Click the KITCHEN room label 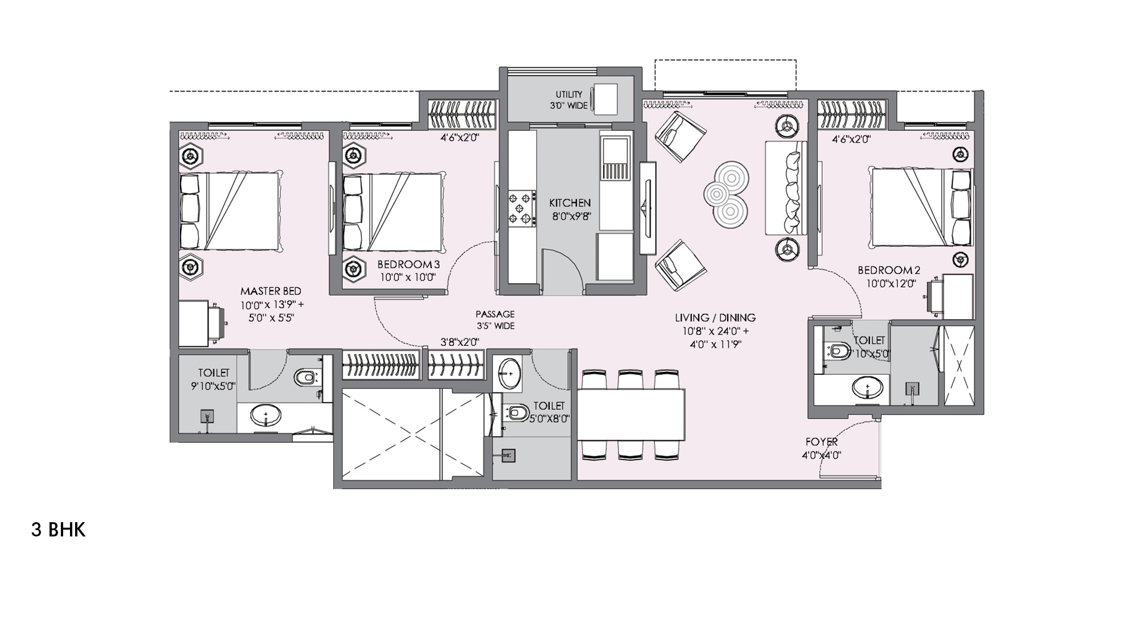pyautogui.click(x=570, y=203)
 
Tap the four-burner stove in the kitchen pyautogui.click(x=522, y=208)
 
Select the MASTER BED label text pyautogui.click(x=271, y=291)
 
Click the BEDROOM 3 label pyautogui.click(x=408, y=265)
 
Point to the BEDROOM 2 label pyautogui.click(x=888, y=270)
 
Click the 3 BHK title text pyautogui.click(x=58, y=530)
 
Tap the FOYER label pyautogui.click(x=821, y=442)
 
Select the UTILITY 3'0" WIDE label pyautogui.click(x=568, y=100)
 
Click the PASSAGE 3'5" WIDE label pyautogui.click(x=495, y=320)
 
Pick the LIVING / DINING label pyautogui.click(x=715, y=318)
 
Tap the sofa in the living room pyautogui.click(x=786, y=188)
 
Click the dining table pyautogui.click(x=631, y=415)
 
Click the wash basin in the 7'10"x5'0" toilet pyautogui.click(x=867, y=389)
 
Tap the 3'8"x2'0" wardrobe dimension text pyautogui.click(x=460, y=342)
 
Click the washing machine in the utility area pyautogui.click(x=605, y=100)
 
